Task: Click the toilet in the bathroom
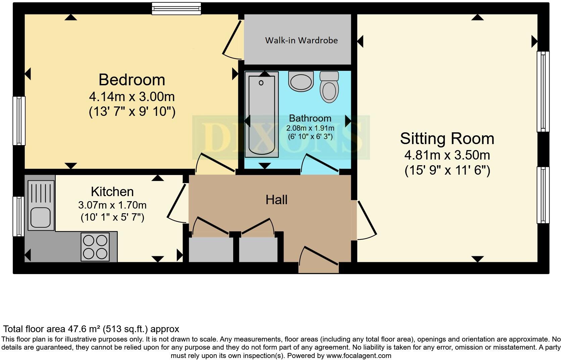tap(329, 87)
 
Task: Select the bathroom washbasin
tap(301, 81)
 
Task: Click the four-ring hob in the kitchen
tap(95, 247)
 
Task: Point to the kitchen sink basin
tap(40, 217)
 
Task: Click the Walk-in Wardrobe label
tap(301, 40)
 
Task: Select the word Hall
tap(276, 200)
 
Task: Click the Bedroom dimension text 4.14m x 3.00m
tap(132, 97)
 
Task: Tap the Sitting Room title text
tap(447, 139)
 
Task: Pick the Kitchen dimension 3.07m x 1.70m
tap(112, 205)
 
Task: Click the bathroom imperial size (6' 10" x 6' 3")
tap(310, 136)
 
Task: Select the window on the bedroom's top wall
tap(176, 8)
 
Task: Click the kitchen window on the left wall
tap(18, 216)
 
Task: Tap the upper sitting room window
tap(543, 91)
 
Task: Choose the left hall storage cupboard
tap(211, 250)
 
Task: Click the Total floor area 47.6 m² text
tap(91, 329)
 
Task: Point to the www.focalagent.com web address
tap(358, 355)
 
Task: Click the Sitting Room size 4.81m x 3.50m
tap(447, 155)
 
